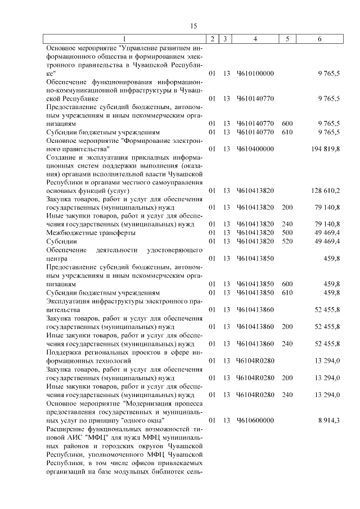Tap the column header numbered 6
[319, 39]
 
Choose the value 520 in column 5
[287, 241]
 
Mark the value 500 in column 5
[287, 232]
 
